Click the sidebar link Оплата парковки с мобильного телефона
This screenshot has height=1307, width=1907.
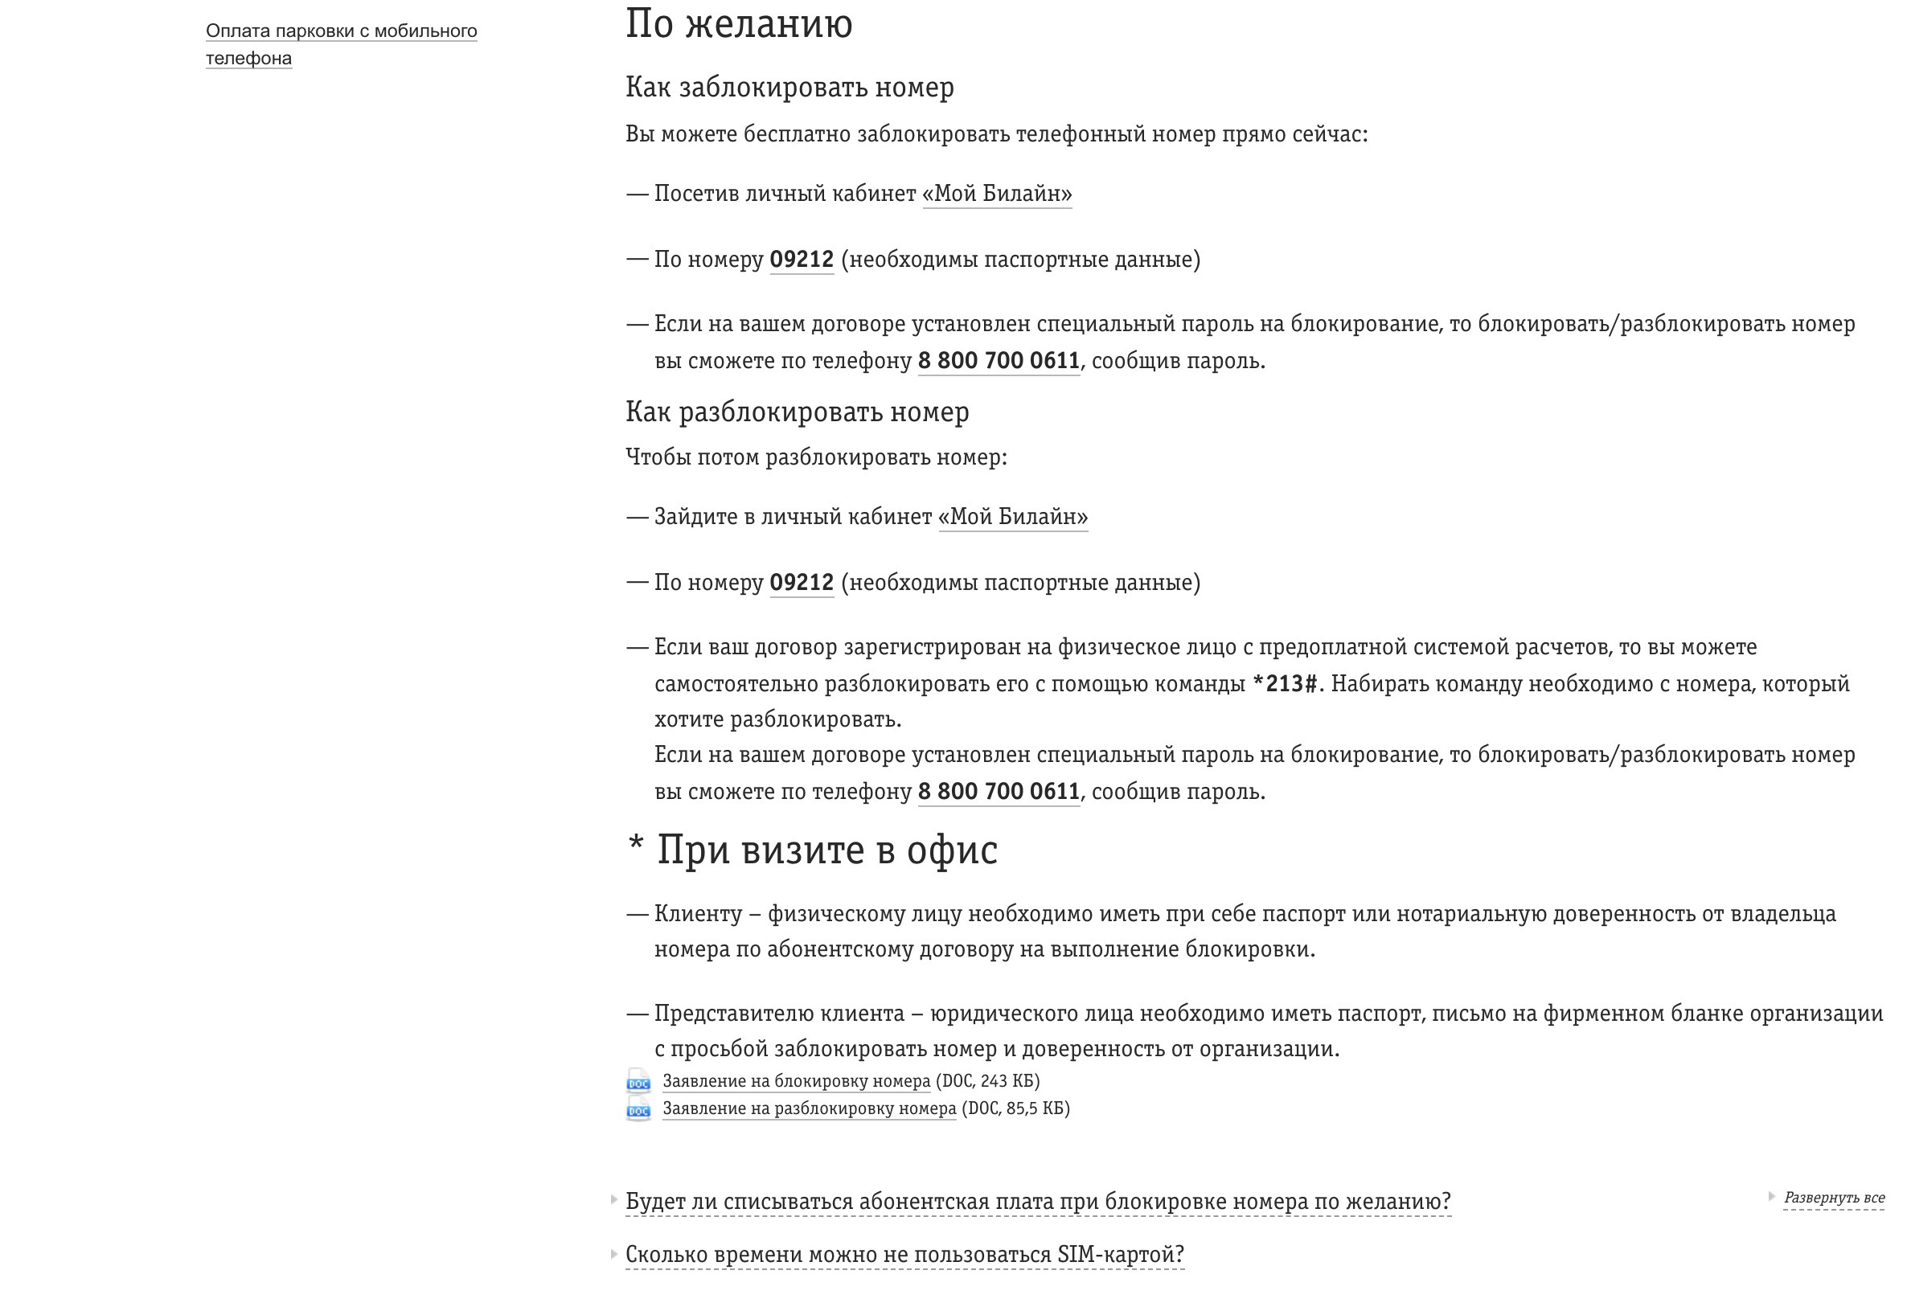click(341, 32)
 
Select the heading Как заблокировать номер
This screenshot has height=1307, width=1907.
click(789, 87)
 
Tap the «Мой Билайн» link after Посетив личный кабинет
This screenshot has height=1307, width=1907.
click(997, 194)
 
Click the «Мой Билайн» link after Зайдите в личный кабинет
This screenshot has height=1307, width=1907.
click(1012, 517)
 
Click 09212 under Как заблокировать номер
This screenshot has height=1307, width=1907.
click(801, 260)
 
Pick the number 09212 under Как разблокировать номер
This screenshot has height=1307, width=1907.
click(801, 583)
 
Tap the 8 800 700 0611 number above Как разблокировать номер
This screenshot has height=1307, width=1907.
click(998, 361)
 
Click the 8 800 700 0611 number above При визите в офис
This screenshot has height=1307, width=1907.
click(998, 792)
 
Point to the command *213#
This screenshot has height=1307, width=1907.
click(1284, 684)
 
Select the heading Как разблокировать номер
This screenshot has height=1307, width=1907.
click(797, 412)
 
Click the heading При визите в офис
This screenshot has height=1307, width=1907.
click(826, 850)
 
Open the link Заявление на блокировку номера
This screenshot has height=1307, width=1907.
click(796, 1081)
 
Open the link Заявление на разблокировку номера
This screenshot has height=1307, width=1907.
click(809, 1109)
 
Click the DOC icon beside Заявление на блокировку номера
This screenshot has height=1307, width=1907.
click(638, 1081)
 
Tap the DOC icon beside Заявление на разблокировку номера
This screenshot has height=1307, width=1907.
click(638, 1110)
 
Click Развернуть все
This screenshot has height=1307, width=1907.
click(1834, 1198)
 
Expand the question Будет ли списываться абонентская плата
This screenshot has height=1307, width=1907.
click(1037, 1202)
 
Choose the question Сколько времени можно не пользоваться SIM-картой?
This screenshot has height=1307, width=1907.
click(904, 1256)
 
